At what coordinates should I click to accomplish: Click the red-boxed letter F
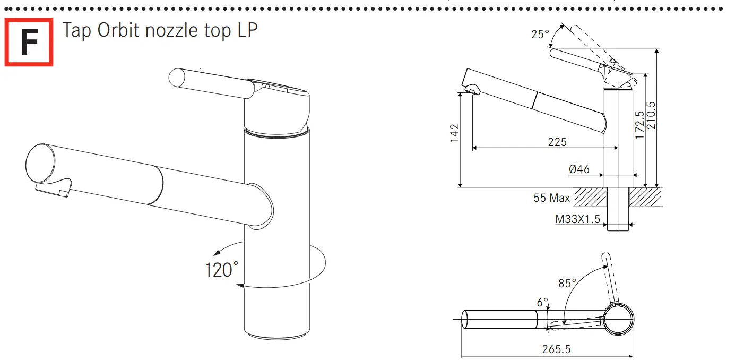point(29,42)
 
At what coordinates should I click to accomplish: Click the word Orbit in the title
point(118,30)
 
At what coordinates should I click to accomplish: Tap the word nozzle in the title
point(171,31)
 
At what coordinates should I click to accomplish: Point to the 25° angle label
point(540,34)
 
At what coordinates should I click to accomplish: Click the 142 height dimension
point(454,133)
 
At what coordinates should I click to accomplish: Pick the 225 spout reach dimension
point(557,142)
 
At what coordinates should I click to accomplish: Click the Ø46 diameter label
point(579,169)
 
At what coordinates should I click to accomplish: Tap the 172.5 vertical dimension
point(639,125)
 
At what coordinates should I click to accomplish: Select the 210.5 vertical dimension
point(651,115)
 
